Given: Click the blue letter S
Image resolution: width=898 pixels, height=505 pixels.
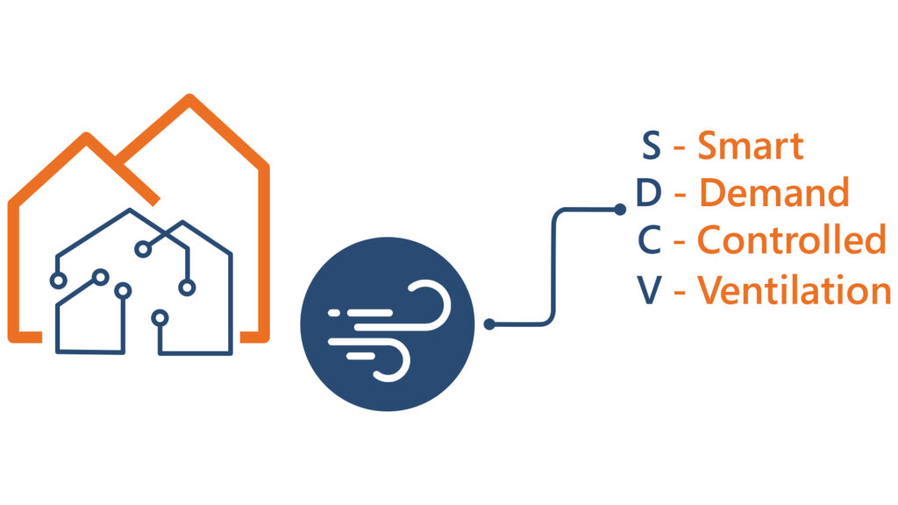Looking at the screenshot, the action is [x=652, y=146].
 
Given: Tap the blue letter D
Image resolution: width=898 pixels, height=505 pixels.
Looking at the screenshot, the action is [x=649, y=192].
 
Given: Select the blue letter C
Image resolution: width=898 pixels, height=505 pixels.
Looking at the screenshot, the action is [x=650, y=239].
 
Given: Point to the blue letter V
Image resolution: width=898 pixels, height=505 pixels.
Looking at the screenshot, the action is [x=649, y=290].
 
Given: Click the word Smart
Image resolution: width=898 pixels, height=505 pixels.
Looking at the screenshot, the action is [x=751, y=146].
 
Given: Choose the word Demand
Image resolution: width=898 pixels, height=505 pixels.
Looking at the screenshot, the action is [x=773, y=192].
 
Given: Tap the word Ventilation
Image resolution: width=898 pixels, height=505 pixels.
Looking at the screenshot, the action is [x=794, y=289].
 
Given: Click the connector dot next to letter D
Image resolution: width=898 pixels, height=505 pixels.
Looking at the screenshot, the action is [x=620, y=210].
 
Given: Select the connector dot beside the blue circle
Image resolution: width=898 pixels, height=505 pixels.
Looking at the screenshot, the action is [x=489, y=324].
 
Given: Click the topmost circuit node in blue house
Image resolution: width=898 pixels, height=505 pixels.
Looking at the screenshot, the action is [x=143, y=249].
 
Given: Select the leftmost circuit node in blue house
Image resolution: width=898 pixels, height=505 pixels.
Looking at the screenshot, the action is [x=58, y=281].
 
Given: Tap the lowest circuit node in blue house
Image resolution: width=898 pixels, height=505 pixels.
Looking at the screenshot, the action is [x=160, y=317].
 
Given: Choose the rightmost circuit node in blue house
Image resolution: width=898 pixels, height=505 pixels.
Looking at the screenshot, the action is [x=187, y=288].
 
